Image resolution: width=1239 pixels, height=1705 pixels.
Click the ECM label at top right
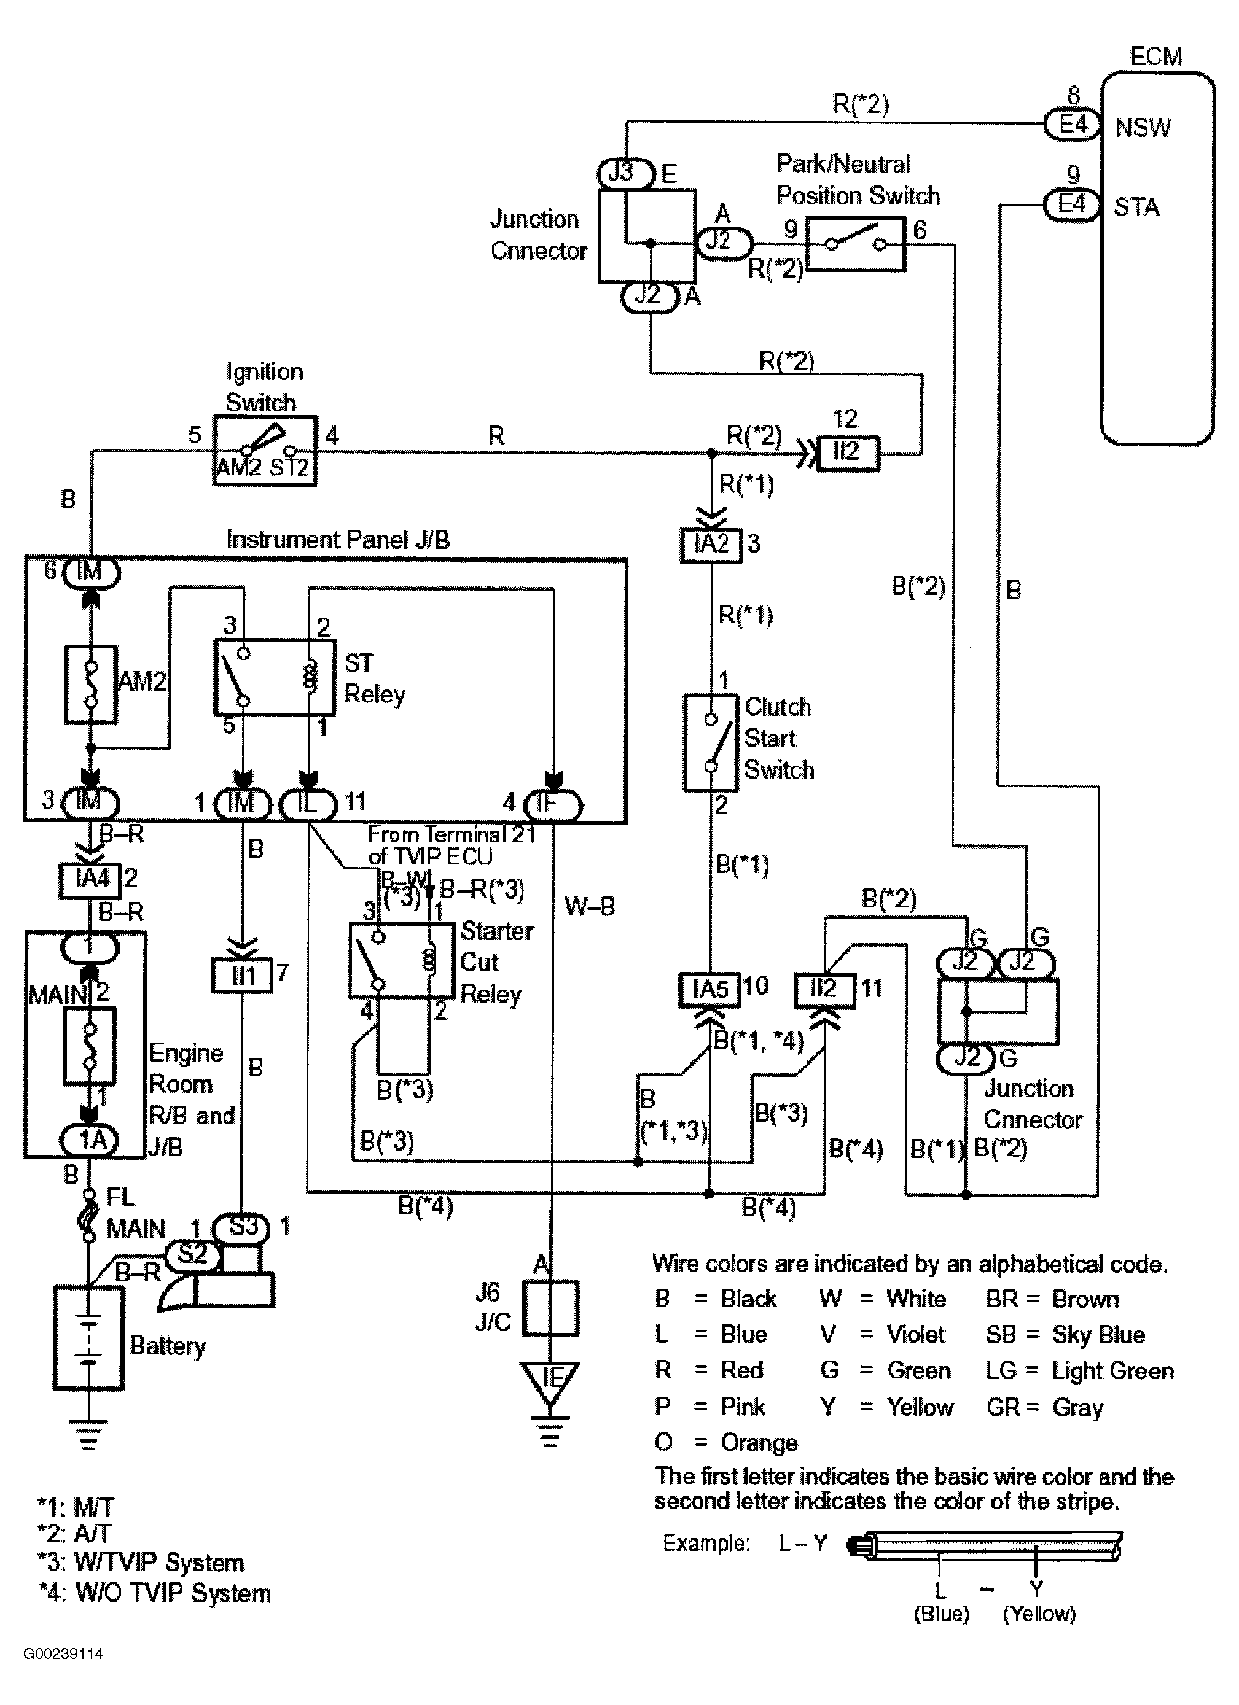pos(1155,56)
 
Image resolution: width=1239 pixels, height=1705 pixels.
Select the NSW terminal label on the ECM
pos(1142,128)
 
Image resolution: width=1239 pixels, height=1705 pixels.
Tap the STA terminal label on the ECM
pos(1136,207)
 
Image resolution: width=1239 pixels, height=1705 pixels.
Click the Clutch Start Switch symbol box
pos(711,742)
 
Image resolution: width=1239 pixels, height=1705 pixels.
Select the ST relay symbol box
pos(274,677)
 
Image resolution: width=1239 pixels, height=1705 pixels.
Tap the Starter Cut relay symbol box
pos(402,961)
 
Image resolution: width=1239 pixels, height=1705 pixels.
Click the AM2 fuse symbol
pos(91,684)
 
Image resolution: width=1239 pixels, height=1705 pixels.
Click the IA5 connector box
pos(709,989)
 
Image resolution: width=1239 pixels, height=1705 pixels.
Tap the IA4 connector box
pos(90,879)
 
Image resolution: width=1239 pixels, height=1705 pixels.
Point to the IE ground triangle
pos(550,1379)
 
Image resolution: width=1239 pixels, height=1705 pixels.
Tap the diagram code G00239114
pos(63,1653)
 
